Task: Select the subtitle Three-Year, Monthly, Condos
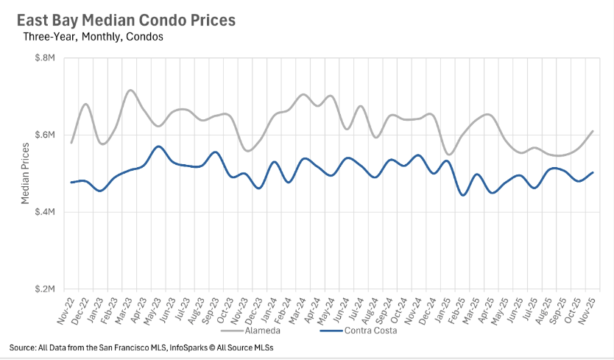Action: [x=93, y=36]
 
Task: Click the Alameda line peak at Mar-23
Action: [x=130, y=90]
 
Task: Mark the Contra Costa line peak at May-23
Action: [x=158, y=147]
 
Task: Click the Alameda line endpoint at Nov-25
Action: [x=593, y=131]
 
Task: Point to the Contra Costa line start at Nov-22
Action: [x=71, y=182]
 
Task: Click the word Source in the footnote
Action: [x=24, y=347]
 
